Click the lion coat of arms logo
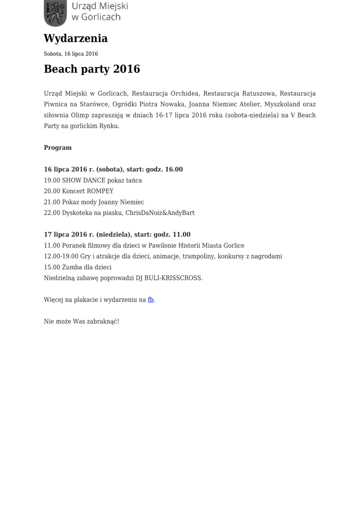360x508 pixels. pyautogui.click(x=55, y=13)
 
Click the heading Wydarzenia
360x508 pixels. pyautogui.click(x=75, y=38)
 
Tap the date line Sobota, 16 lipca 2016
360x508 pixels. pyautogui.click(x=71, y=54)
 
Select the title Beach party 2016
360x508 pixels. pyautogui.click(x=92, y=69)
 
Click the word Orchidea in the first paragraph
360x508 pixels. pyautogui.click(x=185, y=93)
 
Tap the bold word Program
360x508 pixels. pyautogui.click(x=58, y=148)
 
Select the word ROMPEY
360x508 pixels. pyautogui.click(x=100, y=191)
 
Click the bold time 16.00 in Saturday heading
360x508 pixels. pyautogui.click(x=174, y=170)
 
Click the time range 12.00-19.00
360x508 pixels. pyautogui.click(x=61, y=256)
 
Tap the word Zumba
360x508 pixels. pyautogui.click(x=72, y=267)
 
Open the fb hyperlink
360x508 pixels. pyautogui.click(x=150, y=300)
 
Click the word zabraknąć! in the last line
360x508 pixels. pyautogui.click(x=103, y=321)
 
